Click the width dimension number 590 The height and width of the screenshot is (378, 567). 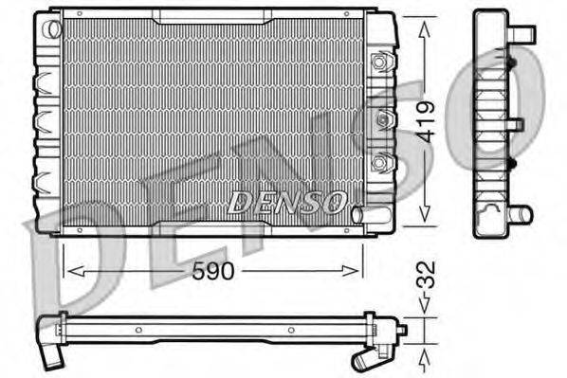coord(212,272)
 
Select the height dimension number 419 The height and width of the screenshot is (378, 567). coord(427,120)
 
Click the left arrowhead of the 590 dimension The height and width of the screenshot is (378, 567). coord(69,271)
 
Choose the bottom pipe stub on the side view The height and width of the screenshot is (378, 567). coord(521,213)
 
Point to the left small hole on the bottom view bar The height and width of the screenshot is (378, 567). coord(138,330)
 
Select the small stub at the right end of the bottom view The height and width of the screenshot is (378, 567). coord(400,330)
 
